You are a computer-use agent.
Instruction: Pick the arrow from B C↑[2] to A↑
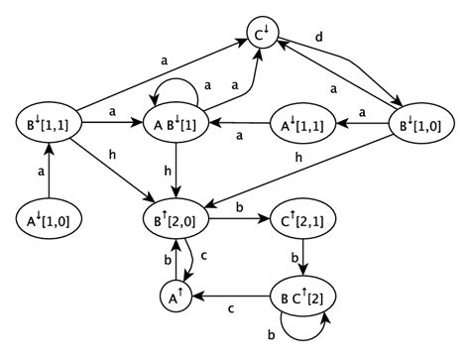click(233, 295)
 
